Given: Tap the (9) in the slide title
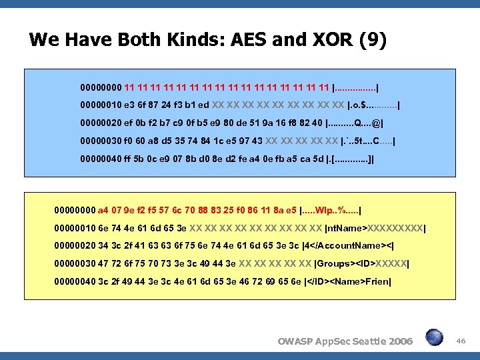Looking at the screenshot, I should tap(371, 41).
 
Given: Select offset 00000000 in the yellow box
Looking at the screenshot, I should tap(75, 210).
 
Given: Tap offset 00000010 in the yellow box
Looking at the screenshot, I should tap(75, 228).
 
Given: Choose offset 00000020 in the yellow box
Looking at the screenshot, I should tap(75, 246).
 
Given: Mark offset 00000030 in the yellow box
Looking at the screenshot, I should tap(75, 264).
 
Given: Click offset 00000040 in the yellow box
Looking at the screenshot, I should tap(75, 282).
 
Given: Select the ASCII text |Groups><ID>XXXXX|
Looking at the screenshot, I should tap(361, 264).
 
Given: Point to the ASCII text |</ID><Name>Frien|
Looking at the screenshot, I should tap(348, 282).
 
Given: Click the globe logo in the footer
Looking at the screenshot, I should tap(435, 337).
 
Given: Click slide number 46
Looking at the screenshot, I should tap(461, 341).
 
